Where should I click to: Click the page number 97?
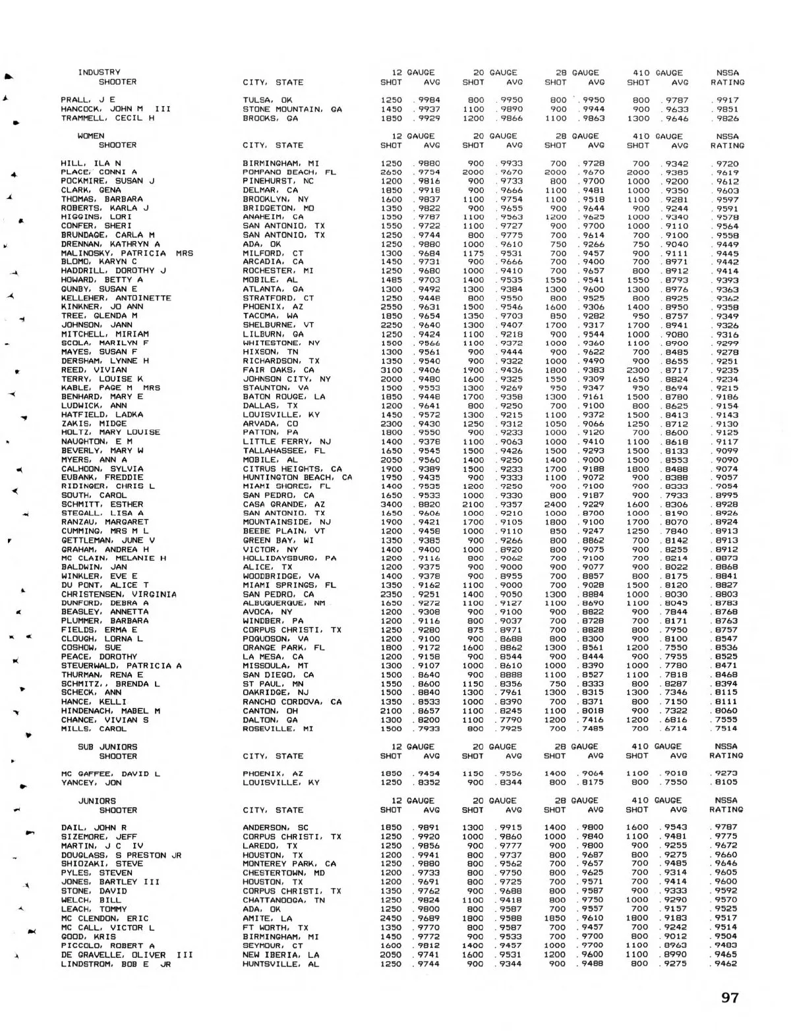(730, 997)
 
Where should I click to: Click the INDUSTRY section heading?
(99, 72)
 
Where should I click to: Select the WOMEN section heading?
(91, 136)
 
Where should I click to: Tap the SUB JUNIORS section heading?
(107, 746)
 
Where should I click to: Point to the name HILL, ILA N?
(91, 163)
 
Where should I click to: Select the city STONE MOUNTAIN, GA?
(292, 109)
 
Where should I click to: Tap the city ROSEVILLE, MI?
(276, 729)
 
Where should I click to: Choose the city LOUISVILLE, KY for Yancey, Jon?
(281, 783)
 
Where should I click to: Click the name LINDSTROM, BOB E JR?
(116, 963)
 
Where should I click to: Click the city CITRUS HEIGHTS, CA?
(292, 468)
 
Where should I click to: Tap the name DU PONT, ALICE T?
(105, 585)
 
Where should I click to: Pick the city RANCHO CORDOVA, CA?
(292, 702)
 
